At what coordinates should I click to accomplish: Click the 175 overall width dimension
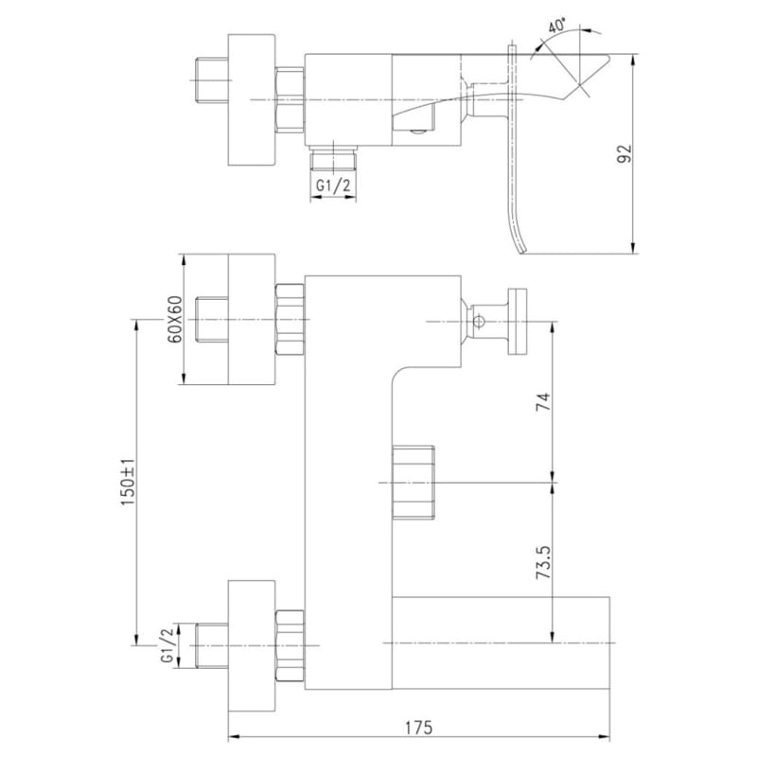pos(418,728)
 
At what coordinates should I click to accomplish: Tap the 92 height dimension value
pos(625,153)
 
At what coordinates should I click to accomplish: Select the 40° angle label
pos(557,25)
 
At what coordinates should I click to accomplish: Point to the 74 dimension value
pos(543,401)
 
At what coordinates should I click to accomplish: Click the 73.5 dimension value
pos(543,563)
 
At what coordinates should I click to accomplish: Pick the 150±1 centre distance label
pos(129,482)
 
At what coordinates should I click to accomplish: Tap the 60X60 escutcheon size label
pos(175,319)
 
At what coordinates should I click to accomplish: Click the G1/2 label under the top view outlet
pos(333,185)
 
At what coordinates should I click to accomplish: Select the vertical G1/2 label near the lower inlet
pos(167,645)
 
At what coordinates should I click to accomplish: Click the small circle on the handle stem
pos(479,321)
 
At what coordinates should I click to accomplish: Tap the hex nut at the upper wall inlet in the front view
pos(290,320)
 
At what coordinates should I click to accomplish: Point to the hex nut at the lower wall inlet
pos(290,646)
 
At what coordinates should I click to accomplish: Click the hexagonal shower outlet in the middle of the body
pos(414,483)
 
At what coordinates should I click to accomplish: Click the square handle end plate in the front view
pos(517,322)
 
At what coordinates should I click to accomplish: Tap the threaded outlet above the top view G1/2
pos(333,157)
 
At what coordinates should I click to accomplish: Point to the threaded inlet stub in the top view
pos(211,80)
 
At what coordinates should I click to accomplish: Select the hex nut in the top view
pos(290,100)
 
